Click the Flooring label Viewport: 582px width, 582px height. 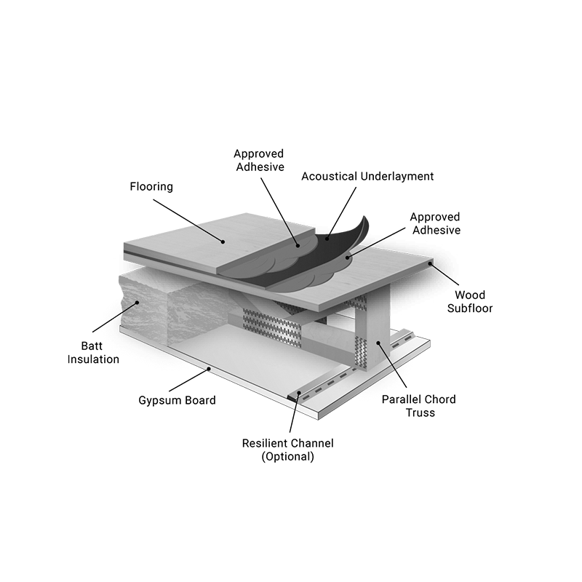pos(151,187)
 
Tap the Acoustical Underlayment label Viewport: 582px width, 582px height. pos(367,176)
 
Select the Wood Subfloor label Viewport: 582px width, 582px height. pos(470,302)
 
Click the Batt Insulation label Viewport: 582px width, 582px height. pos(93,353)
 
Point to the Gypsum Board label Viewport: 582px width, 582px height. pos(177,401)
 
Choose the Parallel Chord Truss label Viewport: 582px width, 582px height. pos(419,406)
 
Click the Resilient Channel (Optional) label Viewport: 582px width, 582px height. pos(287,450)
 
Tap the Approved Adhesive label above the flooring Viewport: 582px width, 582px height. pos(260,160)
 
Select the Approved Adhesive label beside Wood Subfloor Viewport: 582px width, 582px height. pos(436,223)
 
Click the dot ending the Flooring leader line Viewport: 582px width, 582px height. pos(223,242)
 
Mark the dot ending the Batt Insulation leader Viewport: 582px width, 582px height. pos(137,303)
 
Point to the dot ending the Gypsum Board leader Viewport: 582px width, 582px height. pos(209,369)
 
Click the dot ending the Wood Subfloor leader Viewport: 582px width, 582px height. pos(430,263)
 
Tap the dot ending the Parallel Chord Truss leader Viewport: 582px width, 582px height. pos(378,343)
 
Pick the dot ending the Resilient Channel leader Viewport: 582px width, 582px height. pos(299,393)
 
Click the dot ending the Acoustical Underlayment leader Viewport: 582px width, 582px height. pos(327,238)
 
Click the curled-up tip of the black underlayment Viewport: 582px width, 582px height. pos(364,217)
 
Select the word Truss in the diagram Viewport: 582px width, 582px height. pos(420,412)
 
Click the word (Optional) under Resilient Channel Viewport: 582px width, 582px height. pos(287,457)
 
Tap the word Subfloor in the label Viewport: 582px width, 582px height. pos(470,308)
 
